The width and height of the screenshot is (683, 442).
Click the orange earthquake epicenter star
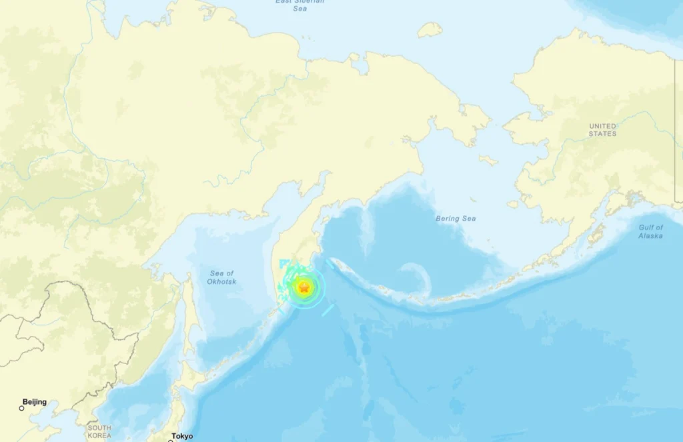(303, 288)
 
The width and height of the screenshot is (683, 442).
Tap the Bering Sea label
(456, 219)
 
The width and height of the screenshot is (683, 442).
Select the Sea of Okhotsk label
(222, 277)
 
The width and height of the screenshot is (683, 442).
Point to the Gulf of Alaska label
(650, 231)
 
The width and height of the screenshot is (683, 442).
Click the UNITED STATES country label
(602, 130)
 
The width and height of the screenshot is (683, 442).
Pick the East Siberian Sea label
(300, 5)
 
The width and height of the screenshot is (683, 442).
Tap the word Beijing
(35, 402)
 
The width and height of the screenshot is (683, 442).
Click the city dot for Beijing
(21, 408)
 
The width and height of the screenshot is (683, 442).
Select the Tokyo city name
(182, 436)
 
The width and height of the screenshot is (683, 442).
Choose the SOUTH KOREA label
(99, 431)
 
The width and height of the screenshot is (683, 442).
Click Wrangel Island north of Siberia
(430, 29)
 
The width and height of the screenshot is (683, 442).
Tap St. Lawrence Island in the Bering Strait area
(489, 160)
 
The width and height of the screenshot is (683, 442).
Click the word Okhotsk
(222, 282)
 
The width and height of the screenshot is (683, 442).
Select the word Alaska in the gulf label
(650, 236)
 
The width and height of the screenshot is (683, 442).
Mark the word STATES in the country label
(602, 134)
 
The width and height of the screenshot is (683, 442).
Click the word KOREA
(99, 435)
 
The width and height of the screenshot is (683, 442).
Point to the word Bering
(447, 219)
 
